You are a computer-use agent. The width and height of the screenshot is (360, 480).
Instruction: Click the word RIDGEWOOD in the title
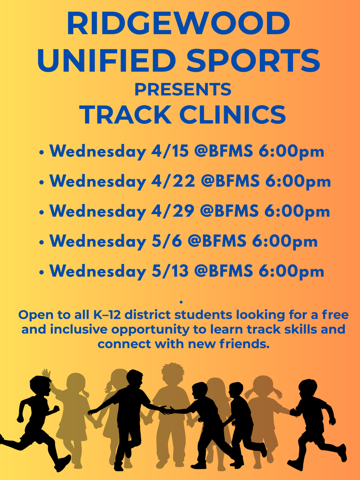[x=179, y=24]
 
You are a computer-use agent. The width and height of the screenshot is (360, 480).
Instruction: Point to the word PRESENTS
[x=182, y=89]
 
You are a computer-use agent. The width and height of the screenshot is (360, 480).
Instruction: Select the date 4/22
[x=171, y=181]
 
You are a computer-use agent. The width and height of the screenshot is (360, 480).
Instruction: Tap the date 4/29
[x=171, y=211]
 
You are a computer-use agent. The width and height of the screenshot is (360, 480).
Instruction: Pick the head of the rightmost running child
[x=308, y=388]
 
